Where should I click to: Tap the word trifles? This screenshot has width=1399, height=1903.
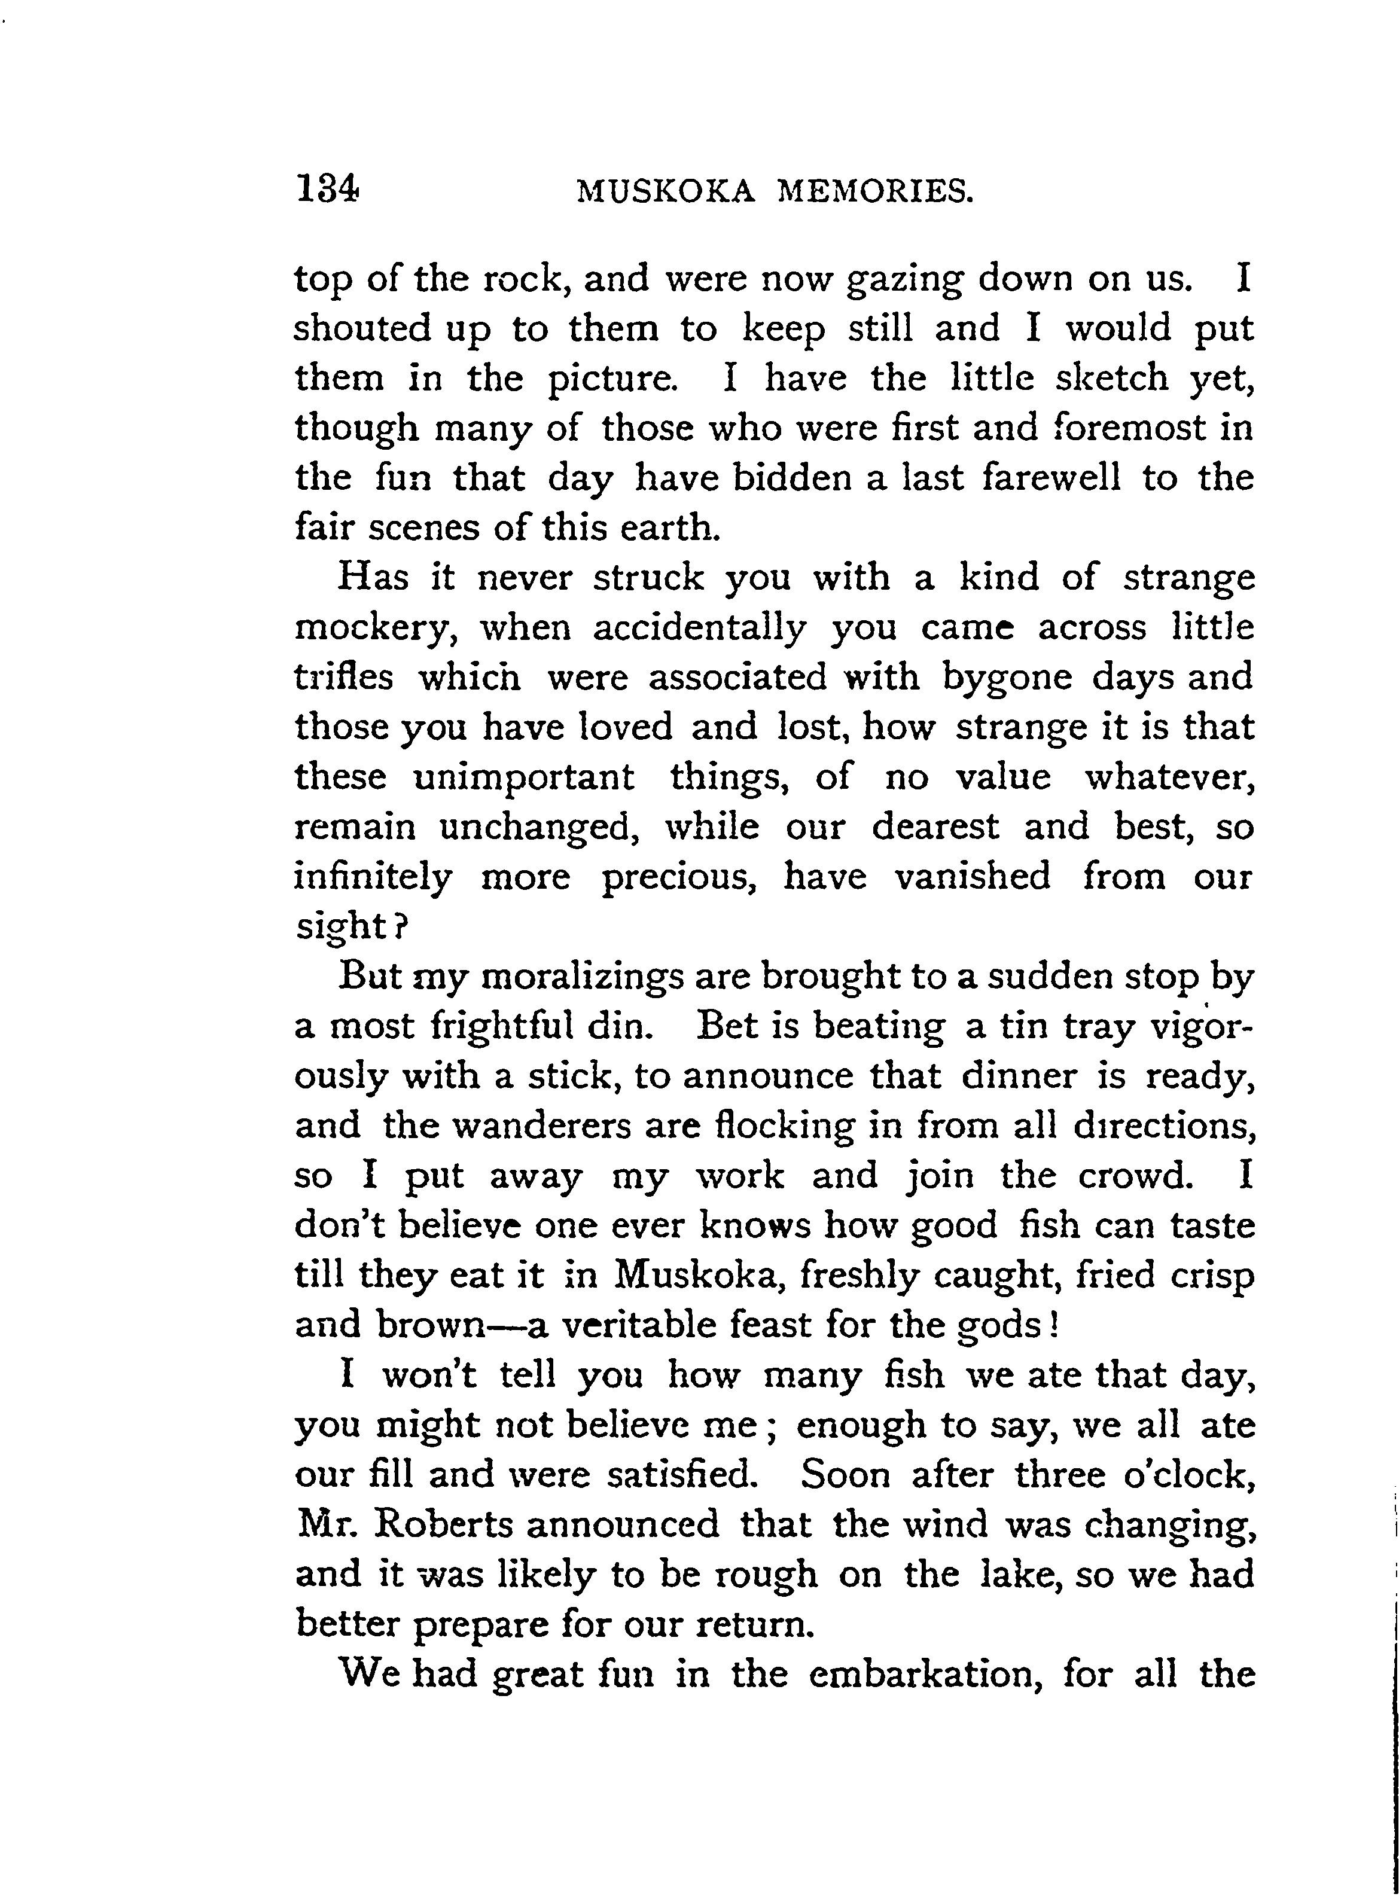344,677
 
